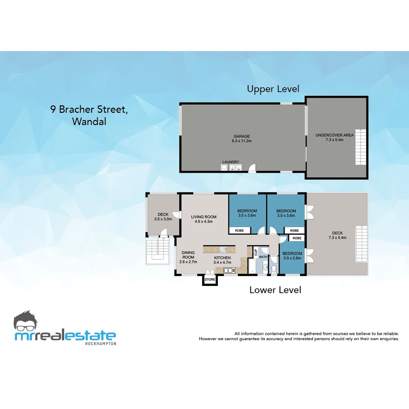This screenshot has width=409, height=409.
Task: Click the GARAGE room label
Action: pyautogui.click(x=241, y=136)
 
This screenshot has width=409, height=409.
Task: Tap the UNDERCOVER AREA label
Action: pyautogui.click(x=335, y=135)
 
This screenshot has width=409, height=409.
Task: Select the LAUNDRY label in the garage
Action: pyautogui.click(x=231, y=162)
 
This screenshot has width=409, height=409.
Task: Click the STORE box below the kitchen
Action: pyautogui.click(x=210, y=279)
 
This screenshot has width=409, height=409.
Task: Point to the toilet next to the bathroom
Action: pyautogui.click(x=274, y=268)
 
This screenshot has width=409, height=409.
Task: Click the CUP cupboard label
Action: pyautogui.click(x=256, y=252)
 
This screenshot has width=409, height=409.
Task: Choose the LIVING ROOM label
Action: pyautogui.click(x=204, y=217)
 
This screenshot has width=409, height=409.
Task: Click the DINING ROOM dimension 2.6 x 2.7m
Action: pyautogui.click(x=188, y=262)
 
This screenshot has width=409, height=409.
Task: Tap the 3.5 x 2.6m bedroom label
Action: pyautogui.click(x=292, y=258)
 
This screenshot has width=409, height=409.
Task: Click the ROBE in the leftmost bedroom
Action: pyautogui.click(x=239, y=230)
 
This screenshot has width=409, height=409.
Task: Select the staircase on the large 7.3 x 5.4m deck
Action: pyautogui.click(x=361, y=244)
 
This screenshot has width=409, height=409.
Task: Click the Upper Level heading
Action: pyautogui.click(x=273, y=89)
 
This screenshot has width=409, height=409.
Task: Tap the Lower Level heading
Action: pyautogui.click(x=275, y=290)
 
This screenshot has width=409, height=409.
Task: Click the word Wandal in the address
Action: pyautogui.click(x=89, y=122)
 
